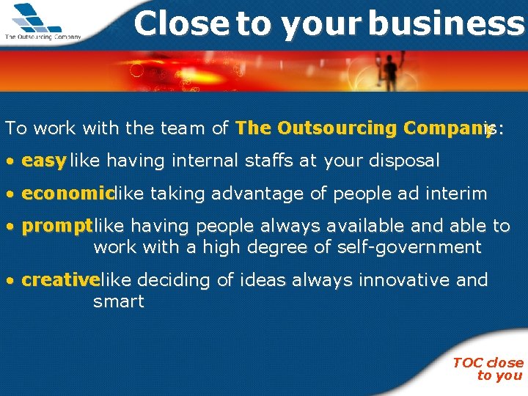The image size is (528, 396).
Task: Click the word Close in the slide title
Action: (x=182, y=23)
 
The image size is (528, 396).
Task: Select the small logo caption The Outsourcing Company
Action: (x=43, y=36)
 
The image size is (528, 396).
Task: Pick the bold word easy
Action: (x=44, y=161)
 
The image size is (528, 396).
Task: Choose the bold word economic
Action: (x=68, y=194)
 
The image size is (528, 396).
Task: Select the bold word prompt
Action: (x=57, y=227)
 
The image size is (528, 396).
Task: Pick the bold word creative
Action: (x=60, y=280)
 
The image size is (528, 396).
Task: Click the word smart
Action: (x=119, y=301)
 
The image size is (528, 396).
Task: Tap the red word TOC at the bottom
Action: (x=467, y=363)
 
